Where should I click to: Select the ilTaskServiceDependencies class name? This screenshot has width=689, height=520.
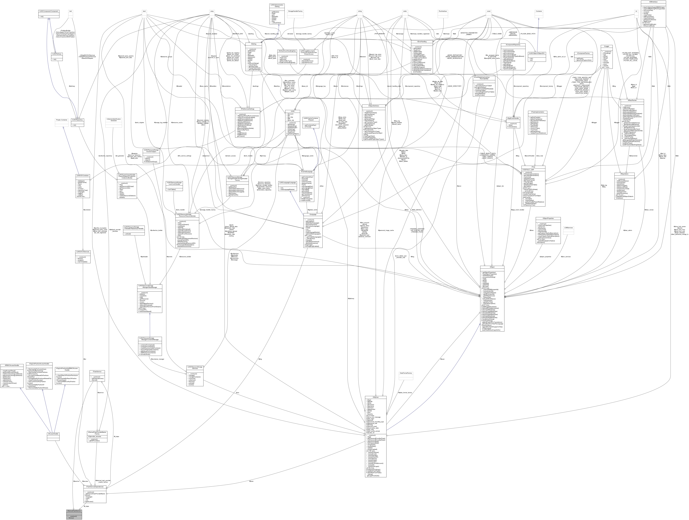(x=95, y=487)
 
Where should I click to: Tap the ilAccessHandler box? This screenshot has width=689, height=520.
(x=53, y=434)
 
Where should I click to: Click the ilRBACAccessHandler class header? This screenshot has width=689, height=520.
(x=12, y=365)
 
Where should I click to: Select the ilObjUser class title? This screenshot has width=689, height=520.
(x=376, y=397)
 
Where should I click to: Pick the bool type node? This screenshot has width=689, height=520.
(x=144, y=11)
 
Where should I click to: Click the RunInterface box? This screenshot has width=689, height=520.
(x=443, y=11)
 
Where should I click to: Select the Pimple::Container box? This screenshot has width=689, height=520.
(x=61, y=120)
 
